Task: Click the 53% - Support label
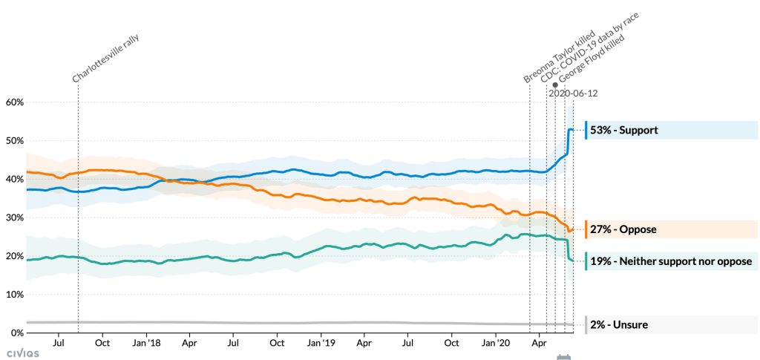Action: pyautogui.click(x=624, y=131)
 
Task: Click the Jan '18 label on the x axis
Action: pyautogui.click(x=146, y=344)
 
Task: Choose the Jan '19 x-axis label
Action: pyautogui.click(x=321, y=344)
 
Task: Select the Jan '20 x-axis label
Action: pyautogui.click(x=495, y=344)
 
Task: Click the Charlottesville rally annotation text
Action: pyautogui.click(x=106, y=57)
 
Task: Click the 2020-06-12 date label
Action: pyautogui.click(x=573, y=94)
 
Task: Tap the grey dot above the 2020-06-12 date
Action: pyautogui.click(x=555, y=85)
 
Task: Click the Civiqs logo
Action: pyautogui.click(x=23, y=353)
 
